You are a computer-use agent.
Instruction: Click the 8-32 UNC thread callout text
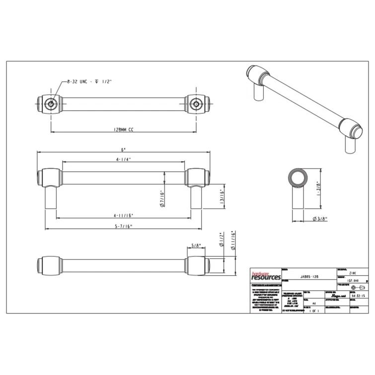pyautogui.click(x=90, y=81)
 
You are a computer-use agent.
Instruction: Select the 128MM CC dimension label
pyautogui.click(x=123, y=129)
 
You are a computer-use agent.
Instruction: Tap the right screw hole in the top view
pyautogui.click(x=196, y=104)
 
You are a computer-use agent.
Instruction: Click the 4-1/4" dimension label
pyautogui.click(x=124, y=159)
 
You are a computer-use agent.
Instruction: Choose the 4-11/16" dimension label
pyautogui.click(x=124, y=216)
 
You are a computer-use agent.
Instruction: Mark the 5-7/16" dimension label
pyautogui.click(x=124, y=226)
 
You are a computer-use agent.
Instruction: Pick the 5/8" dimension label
pyautogui.click(x=196, y=245)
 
